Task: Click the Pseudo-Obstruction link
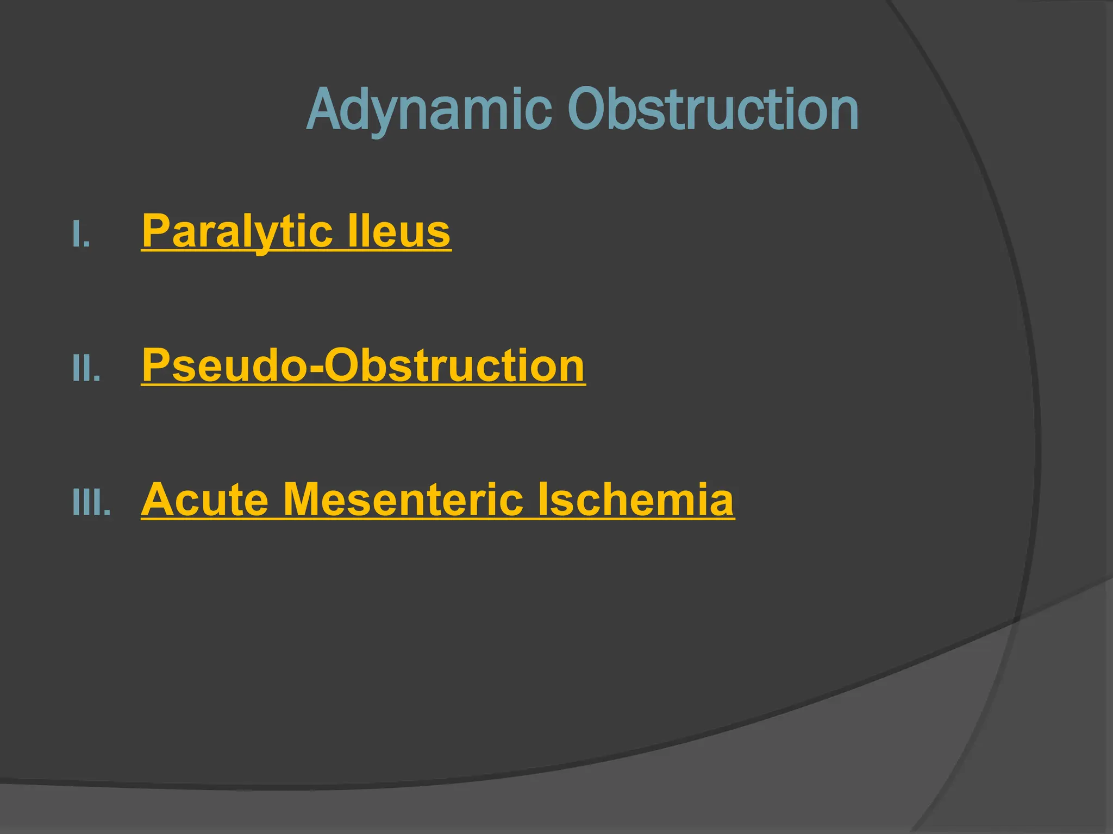363,365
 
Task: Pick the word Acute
205,500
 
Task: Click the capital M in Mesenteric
305,500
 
